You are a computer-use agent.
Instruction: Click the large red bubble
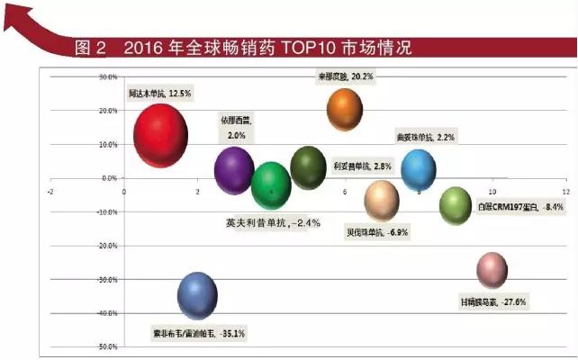160,136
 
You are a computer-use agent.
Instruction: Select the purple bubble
235,170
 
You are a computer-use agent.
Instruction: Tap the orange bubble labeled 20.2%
344,110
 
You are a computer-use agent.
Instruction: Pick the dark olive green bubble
308,166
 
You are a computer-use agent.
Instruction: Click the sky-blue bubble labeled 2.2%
418,170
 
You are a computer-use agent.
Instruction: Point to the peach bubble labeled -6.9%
381,201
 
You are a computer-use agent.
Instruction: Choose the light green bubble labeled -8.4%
455,206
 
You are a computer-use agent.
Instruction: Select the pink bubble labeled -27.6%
492,270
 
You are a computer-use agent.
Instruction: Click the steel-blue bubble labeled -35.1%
198,296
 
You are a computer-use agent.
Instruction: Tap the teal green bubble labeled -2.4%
271,186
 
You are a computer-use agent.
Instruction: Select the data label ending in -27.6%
493,302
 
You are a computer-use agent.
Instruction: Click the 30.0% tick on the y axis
107,77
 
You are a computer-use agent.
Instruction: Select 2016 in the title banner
140,47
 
